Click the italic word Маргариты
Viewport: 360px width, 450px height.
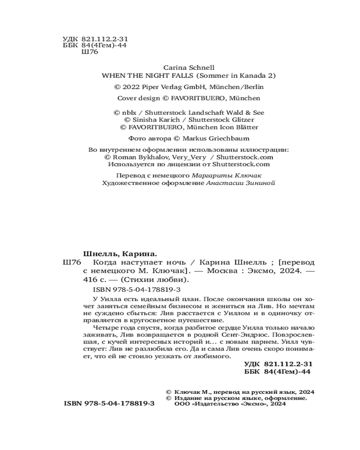tap(211, 175)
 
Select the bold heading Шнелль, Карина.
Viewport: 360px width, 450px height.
tap(123, 253)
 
